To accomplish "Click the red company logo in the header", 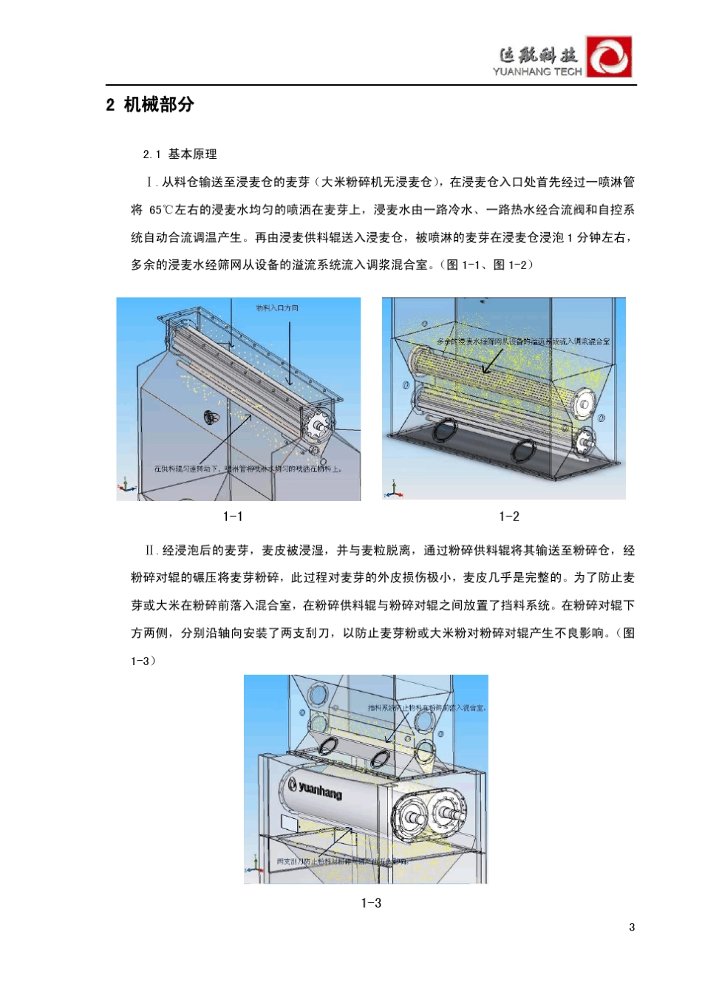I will click(609, 57).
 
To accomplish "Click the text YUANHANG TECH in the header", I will click(537, 72).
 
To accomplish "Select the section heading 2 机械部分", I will click(150, 105).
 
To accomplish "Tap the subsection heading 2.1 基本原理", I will click(180, 154).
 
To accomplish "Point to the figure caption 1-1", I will click(233, 517).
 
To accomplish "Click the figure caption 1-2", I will click(509, 517).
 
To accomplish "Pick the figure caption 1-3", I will click(371, 903).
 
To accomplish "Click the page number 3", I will click(632, 927).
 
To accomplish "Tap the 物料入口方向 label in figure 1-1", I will click(277, 308).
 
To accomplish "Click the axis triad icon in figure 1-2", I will click(392, 489).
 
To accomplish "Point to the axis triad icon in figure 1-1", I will click(126, 485).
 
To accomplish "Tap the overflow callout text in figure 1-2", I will click(523, 341).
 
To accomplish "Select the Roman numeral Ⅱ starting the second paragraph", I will click(151, 551).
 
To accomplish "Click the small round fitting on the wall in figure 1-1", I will click(211, 418).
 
